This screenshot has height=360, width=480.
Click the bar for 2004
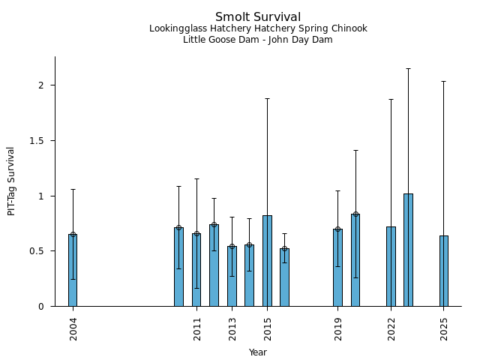tap(73, 270)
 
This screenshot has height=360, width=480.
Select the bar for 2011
tap(196, 270)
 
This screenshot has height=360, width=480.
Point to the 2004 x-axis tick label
tap(73, 329)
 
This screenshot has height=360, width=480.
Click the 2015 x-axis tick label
tap(268, 329)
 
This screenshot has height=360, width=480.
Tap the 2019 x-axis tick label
tap(338, 329)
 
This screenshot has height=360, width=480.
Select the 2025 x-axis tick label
tap(445, 329)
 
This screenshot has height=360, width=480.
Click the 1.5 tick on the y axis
tap(42, 141)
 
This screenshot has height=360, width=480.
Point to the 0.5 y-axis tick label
tap(42, 251)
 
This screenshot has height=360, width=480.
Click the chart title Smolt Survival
tap(258, 17)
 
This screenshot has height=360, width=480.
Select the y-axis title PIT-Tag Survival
tap(11, 181)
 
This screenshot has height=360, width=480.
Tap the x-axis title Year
tap(258, 352)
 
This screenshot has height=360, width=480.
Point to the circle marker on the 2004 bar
tap(73, 234)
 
